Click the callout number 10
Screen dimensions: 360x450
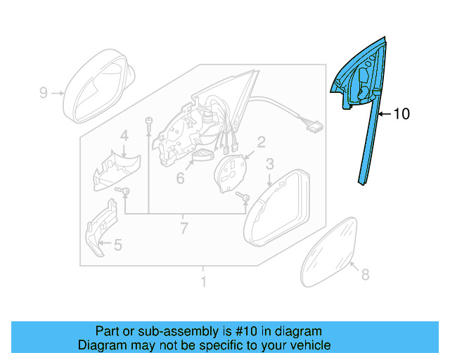click(x=401, y=114)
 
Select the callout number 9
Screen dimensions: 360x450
click(x=43, y=93)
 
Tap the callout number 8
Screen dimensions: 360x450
click(x=364, y=275)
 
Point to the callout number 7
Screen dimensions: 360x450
click(x=184, y=228)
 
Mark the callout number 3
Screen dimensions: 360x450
click(x=269, y=165)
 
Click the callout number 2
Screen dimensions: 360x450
click(x=261, y=143)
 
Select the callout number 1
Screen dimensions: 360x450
click(x=203, y=282)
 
